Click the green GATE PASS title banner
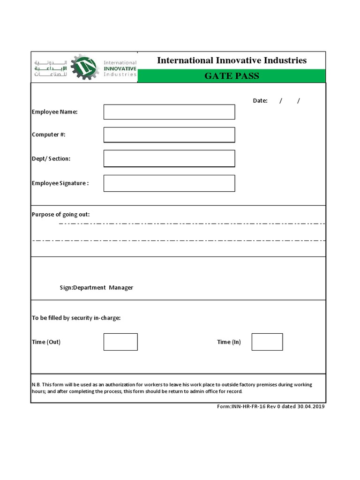point(232,75)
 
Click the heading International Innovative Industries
point(232,60)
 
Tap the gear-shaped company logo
point(84,67)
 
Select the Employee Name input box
point(169,112)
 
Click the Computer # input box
point(169,135)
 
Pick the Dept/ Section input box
point(169,158)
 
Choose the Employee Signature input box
point(169,183)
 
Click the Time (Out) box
point(120,342)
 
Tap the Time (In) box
point(267,342)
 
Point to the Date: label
point(260,101)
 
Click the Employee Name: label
point(55,112)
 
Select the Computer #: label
point(49,135)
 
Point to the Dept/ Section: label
point(51,158)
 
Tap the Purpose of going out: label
point(61,215)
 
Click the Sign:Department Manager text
point(97,288)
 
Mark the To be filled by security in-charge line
point(76,318)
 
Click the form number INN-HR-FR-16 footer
point(271,406)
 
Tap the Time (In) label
point(229,342)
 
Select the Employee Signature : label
point(60,183)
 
